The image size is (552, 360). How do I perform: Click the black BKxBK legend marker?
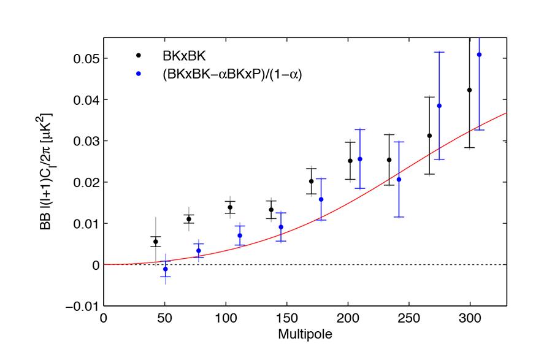coord(139,55)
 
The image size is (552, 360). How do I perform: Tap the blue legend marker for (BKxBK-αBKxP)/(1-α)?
coord(139,74)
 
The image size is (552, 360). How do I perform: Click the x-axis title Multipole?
coord(305,335)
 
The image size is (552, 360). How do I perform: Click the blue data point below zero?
coord(165,269)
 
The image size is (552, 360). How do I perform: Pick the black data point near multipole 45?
coord(156,242)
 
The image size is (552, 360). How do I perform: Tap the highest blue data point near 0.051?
coord(480,55)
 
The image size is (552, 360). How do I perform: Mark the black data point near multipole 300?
coord(470,90)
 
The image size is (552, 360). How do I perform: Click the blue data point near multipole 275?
coord(439,106)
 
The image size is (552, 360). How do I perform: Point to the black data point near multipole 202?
coord(350,161)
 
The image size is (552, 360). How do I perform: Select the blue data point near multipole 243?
coord(399,179)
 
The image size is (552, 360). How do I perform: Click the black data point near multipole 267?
coord(429,136)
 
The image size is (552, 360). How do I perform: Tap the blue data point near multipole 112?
coord(240,236)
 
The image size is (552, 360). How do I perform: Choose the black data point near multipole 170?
coord(312,181)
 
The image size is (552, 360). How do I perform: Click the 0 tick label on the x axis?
coord(104,320)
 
